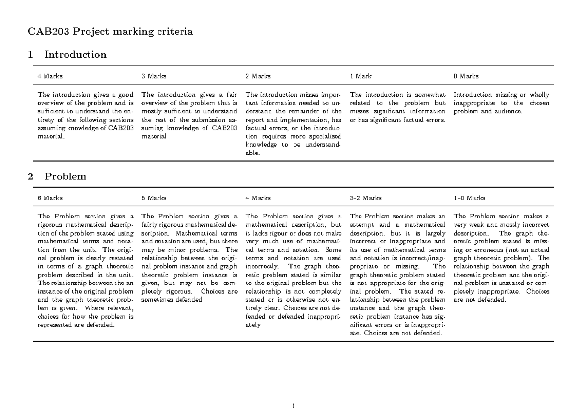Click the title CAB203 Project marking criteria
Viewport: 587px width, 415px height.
111,33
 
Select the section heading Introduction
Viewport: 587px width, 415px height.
75,55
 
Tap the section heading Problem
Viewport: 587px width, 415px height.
65,177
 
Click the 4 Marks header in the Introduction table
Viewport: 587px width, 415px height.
50,76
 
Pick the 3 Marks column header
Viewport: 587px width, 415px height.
154,76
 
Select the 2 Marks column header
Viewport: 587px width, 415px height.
258,76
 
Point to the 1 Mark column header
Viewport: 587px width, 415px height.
361,76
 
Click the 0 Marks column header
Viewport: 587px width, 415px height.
467,76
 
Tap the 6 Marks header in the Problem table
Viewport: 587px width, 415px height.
50,198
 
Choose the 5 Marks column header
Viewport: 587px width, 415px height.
154,198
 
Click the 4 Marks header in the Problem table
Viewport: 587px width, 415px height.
258,198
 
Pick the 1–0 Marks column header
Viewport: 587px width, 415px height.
470,198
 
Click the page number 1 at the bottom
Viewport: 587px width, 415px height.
293,406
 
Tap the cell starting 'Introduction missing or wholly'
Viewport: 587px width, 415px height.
502,103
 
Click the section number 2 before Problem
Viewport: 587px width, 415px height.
31,177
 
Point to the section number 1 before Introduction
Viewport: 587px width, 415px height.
31,55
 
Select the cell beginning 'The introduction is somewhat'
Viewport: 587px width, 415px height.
398,108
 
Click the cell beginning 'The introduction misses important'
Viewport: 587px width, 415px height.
293,124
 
